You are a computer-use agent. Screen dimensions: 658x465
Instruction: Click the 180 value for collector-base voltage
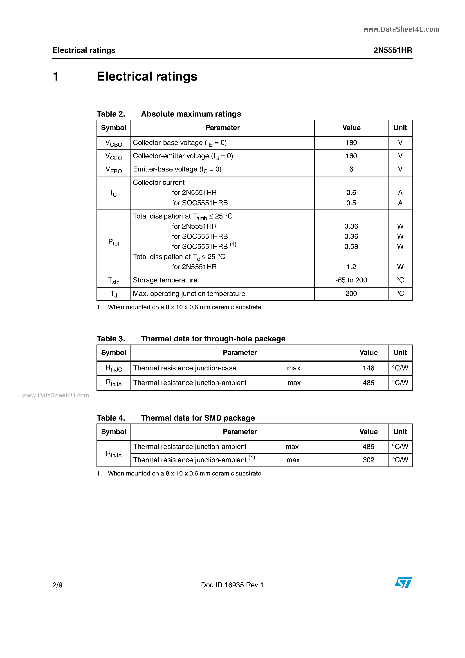click(x=351, y=143)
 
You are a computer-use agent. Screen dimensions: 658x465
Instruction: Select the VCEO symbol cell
click(x=114, y=156)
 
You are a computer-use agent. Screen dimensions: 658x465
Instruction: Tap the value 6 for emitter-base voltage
click(x=351, y=169)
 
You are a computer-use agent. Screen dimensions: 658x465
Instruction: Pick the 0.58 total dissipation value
click(x=351, y=246)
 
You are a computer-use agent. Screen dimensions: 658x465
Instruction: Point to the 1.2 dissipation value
click(x=351, y=267)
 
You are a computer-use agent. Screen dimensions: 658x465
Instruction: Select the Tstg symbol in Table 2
click(x=114, y=281)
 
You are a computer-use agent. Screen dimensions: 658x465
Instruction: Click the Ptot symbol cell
click(x=114, y=242)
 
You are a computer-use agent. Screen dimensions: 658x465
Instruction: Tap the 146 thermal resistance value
click(x=368, y=368)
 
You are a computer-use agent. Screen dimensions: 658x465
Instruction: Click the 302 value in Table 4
click(x=368, y=460)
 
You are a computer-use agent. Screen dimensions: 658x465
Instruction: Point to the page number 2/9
click(x=58, y=585)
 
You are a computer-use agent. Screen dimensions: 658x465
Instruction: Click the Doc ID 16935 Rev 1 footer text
click(x=232, y=585)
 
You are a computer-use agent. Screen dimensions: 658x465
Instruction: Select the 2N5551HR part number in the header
click(x=393, y=50)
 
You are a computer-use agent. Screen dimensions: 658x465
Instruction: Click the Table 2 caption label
click(x=111, y=114)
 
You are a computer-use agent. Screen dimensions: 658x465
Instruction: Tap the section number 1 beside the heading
click(x=56, y=77)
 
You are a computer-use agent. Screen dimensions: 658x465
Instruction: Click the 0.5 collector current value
click(x=351, y=203)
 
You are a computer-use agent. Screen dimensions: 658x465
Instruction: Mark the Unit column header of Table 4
click(x=400, y=432)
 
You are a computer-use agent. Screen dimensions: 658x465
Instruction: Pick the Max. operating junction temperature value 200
click(x=351, y=294)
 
